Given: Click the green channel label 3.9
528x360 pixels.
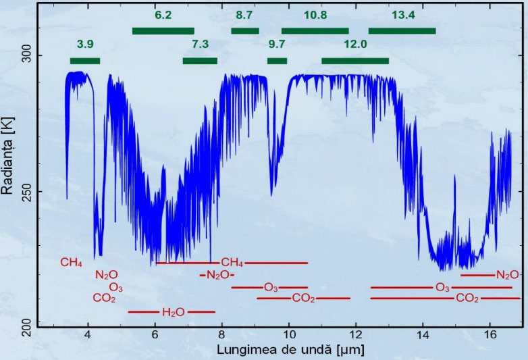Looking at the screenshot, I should [x=85, y=45].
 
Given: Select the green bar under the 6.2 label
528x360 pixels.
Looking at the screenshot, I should [x=163, y=30].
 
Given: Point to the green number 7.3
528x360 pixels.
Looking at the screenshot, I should [x=201, y=45].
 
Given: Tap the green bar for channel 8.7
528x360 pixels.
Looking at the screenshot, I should [x=245, y=30].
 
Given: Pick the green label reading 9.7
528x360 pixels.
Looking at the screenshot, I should [x=277, y=45].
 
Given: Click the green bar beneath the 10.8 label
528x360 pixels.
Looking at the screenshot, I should [x=315, y=30].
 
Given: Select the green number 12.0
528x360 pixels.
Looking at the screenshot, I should [x=355, y=45].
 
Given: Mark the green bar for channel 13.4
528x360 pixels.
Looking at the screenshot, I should [x=402, y=30].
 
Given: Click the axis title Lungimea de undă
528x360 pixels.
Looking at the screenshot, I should [x=281, y=351].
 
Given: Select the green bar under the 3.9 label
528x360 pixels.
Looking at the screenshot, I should [x=85, y=61].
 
